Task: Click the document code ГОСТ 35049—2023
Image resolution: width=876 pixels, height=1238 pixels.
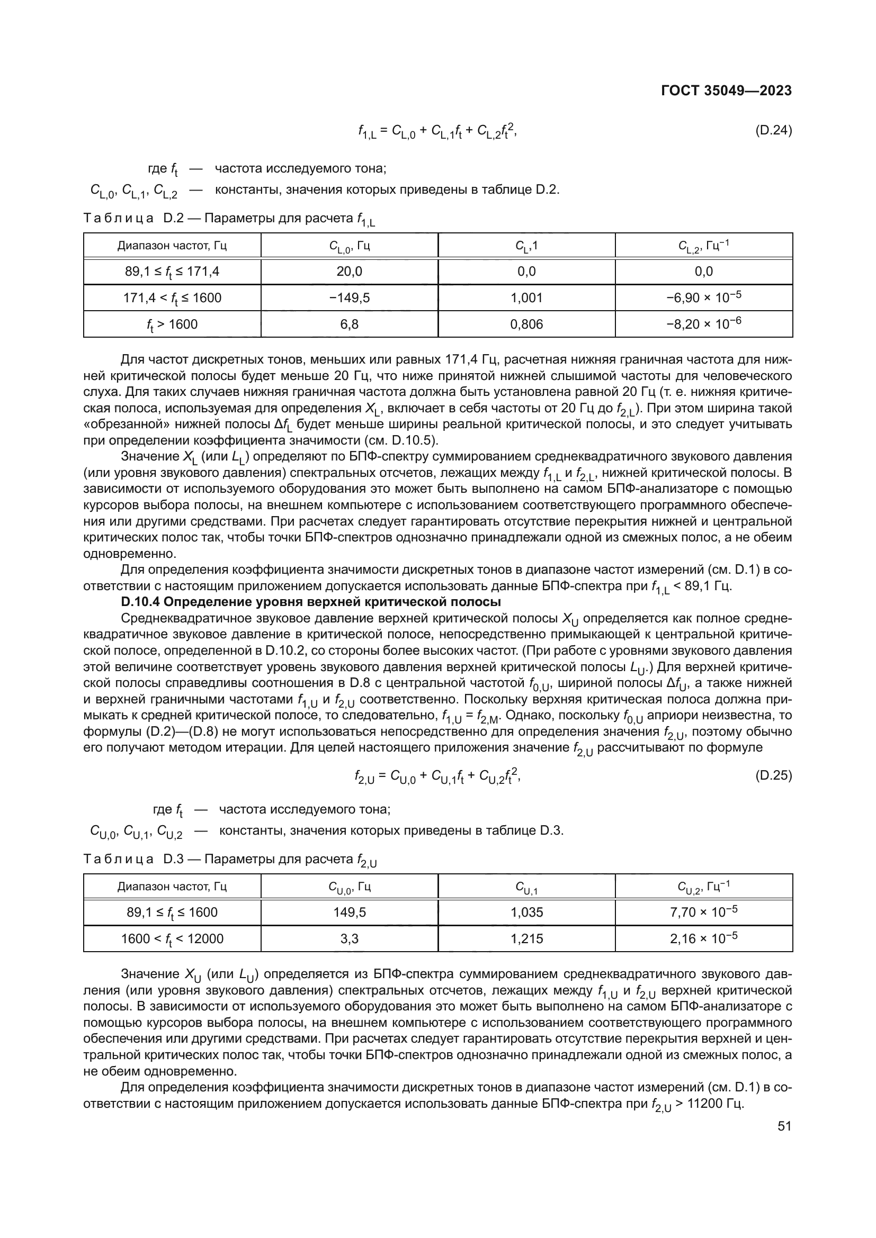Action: [726, 90]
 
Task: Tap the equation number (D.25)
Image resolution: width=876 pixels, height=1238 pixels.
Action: [773, 776]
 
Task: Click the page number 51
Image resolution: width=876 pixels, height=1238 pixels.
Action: [784, 1126]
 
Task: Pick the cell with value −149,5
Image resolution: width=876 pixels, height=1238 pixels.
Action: [349, 297]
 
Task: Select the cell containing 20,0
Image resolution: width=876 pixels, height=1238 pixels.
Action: [349, 271]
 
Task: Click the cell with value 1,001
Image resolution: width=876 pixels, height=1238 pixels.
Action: [526, 297]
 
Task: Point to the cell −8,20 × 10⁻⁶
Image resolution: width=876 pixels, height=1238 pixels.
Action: [703, 323]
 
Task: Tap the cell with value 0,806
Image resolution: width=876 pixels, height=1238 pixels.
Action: [526, 324]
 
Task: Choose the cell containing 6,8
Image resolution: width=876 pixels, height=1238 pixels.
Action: [349, 324]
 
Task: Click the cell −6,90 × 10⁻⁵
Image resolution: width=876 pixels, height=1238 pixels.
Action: [703, 297]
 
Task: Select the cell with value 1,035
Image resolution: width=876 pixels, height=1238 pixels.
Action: [526, 912]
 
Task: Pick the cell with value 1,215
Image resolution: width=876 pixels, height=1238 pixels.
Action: [526, 939]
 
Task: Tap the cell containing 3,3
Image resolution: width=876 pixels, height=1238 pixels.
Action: [349, 939]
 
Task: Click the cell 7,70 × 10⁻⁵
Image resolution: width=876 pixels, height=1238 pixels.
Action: [703, 912]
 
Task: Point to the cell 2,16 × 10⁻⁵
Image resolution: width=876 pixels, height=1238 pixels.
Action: [703, 938]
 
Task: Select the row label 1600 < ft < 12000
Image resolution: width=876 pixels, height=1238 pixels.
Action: [172, 939]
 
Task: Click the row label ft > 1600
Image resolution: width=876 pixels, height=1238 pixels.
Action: [172, 324]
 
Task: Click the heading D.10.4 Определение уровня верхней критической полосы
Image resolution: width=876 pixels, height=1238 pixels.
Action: [311, 602]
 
